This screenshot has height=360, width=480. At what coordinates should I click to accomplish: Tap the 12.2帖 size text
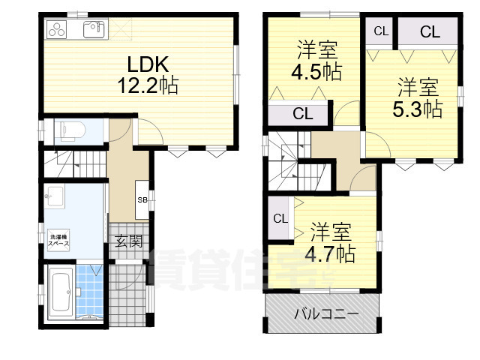pyautogui.click(x=147, y=85)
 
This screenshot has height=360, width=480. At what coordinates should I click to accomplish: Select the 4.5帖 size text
pyautogui.click(x=316, y=72)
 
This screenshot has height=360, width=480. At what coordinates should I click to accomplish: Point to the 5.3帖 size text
pyautogui.click(x=417, y=109)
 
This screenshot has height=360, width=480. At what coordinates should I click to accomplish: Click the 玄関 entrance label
pyautogui.click(x=127, y=241)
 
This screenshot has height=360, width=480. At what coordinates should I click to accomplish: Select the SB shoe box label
pyautogui.click(x=142, y=199)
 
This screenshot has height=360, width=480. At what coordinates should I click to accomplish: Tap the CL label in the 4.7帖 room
pyautogui.click(x=280, y=219)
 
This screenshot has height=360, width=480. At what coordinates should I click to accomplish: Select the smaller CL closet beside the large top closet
pyautogui.click(x=381, y=31)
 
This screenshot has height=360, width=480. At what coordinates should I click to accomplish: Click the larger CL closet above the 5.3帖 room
pyautogui.click(x=429, y=31)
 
